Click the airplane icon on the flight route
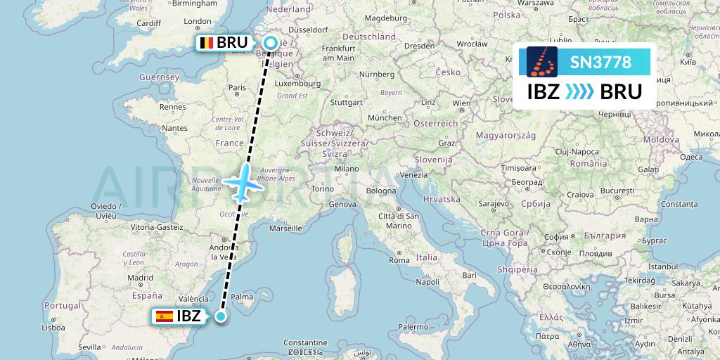point(240,184)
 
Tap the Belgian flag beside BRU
point(206,43)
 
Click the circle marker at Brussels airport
point(271,44)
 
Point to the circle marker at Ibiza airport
point(221,316)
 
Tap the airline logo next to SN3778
point(541,62)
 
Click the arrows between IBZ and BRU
point(579,92)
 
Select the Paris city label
point(237,88)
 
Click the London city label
point(197,22)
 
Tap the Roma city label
point(399,261)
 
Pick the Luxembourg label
point(294,82)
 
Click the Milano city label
point(347,169)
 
